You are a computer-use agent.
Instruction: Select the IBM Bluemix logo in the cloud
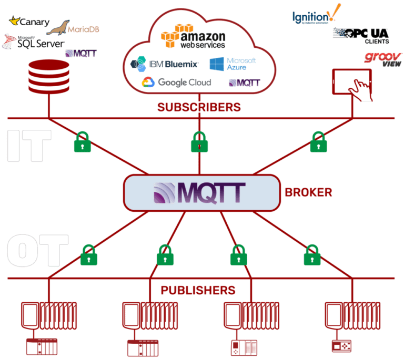[x=164, y=64]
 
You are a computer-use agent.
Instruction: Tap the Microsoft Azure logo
[x=233, y=64]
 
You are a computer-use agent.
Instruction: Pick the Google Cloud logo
[x=176, y=83]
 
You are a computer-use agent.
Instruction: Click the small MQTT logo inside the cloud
[x=244, y=83]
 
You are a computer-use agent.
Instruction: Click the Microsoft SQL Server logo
[x=34, y=42]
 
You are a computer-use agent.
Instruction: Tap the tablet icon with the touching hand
[x=352, y=84]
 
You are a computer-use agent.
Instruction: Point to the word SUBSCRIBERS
[x=199, y=107]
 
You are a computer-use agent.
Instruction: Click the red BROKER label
[x=308, y=192]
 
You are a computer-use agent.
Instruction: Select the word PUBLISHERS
[x=198, y=290]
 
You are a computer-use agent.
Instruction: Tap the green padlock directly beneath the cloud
[x=198, y=142]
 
